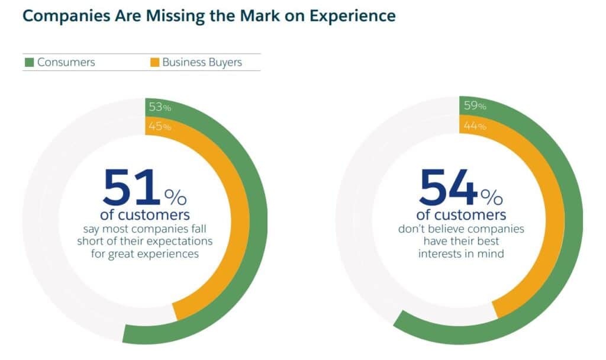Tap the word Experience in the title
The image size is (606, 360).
click(353, 16)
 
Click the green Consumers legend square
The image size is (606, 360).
click(30, 62)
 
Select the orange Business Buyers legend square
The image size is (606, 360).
click(154, 62)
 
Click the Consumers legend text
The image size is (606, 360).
click(66, 62)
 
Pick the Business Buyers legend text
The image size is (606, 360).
click(202, 62)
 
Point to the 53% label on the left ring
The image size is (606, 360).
click(160, 107)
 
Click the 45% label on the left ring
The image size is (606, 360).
click(160, 126)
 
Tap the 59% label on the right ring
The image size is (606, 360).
click(475, 105)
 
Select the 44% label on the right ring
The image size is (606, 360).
click(475, 126)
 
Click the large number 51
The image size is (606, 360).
click(131, 188)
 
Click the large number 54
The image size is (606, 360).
click(449, 188)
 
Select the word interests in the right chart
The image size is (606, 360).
click(439, 253)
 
